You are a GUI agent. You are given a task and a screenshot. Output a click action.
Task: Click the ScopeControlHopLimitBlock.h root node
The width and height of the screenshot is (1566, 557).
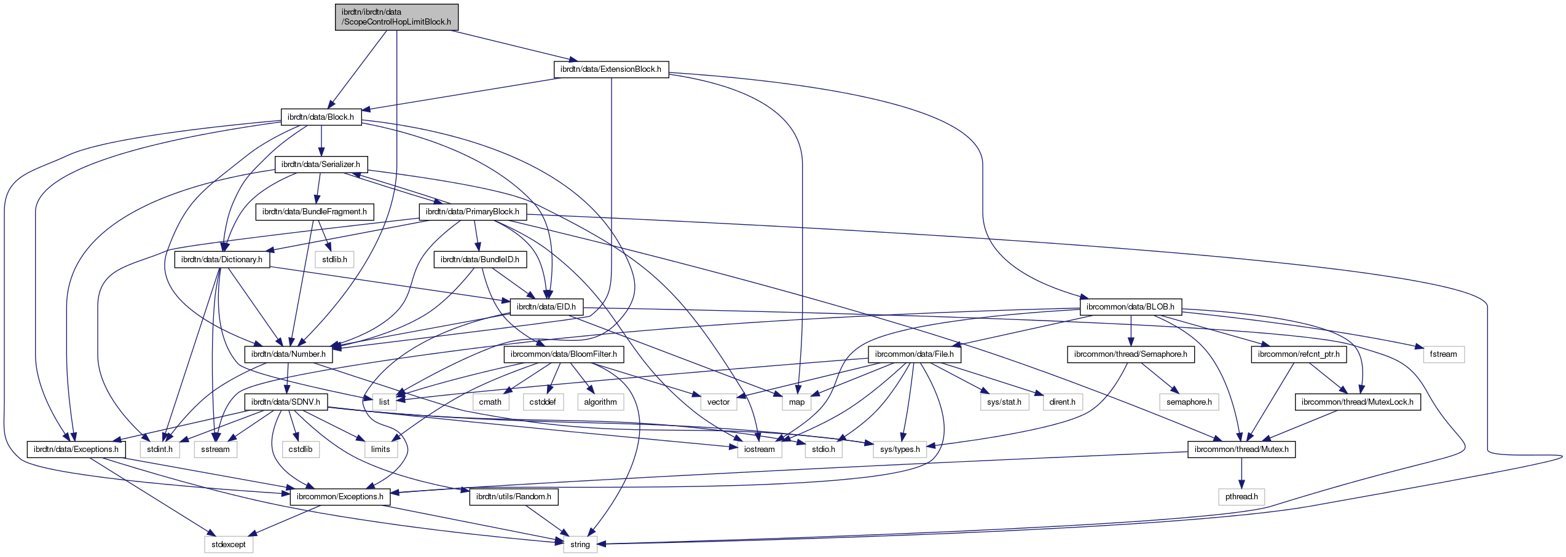point(396,17)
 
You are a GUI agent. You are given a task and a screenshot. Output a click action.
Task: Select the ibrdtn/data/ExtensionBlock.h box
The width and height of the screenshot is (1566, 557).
point(611,69)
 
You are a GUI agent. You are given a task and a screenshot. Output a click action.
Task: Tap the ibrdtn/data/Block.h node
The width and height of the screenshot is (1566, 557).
point(321,117)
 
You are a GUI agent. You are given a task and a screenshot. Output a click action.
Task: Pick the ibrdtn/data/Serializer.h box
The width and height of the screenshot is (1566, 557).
point(321,165)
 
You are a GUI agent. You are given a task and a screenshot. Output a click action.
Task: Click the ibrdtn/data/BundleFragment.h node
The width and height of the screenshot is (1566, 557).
point(315,212)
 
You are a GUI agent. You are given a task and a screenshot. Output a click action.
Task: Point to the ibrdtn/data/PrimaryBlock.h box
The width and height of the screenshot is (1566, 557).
point(473,212)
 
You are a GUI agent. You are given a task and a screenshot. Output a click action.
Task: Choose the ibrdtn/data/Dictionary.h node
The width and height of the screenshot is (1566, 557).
point(222,260)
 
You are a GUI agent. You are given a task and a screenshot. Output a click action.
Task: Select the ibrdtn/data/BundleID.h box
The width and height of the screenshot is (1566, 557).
point(480,260)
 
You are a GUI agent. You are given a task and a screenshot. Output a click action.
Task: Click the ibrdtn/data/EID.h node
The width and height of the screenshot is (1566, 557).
point(546,307)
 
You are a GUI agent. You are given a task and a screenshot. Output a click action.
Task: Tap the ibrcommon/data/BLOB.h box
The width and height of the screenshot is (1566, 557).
point(1130,307)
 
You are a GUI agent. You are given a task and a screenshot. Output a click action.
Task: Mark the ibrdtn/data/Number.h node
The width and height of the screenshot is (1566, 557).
point(288,354)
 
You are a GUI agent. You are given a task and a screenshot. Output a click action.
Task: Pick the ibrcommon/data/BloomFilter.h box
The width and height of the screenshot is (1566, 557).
point(564,354)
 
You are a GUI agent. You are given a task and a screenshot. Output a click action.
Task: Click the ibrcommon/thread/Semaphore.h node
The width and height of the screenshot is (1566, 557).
point(1131,354)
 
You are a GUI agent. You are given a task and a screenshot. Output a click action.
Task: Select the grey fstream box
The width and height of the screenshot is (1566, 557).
point(1443,354)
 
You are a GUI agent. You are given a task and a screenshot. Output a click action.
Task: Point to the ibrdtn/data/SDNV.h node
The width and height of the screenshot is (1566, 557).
point(286,402)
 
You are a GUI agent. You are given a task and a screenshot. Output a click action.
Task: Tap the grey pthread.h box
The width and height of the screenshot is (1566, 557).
point(1241,497)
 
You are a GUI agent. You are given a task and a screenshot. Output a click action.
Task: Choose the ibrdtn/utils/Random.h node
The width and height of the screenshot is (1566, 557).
point(514,497)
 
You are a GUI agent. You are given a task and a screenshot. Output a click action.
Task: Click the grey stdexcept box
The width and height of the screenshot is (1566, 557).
point(229,545)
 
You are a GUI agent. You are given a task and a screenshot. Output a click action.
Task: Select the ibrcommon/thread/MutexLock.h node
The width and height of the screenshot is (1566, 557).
point(1358,402)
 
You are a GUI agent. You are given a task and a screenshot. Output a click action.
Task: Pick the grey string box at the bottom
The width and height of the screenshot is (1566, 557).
point(580,545)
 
